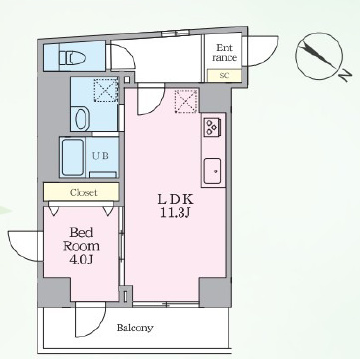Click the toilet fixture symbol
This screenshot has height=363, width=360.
coord(72,58)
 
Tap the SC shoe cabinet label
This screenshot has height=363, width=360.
coord(224,75)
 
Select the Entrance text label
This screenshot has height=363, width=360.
coord(224,52)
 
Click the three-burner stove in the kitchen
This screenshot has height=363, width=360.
coord(211,127)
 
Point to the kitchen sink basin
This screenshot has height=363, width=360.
coord(212,171)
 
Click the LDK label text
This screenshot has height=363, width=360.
coord(175,200)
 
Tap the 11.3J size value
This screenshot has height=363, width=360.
coord(175,213)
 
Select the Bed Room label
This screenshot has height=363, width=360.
coord(81,239)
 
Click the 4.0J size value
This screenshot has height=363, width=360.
coord(81,259)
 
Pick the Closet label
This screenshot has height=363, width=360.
coord(84,192)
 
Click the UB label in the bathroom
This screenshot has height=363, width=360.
coord(100,156)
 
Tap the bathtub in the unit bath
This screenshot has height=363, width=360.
coord(73,157)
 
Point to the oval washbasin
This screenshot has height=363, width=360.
coord(82,119)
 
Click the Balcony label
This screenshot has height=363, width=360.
coord(135,328)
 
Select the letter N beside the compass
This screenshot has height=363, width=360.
coord(346,76)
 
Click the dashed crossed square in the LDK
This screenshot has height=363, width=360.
coord(186,101)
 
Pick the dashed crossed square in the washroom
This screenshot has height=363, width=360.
coord(106,90)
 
